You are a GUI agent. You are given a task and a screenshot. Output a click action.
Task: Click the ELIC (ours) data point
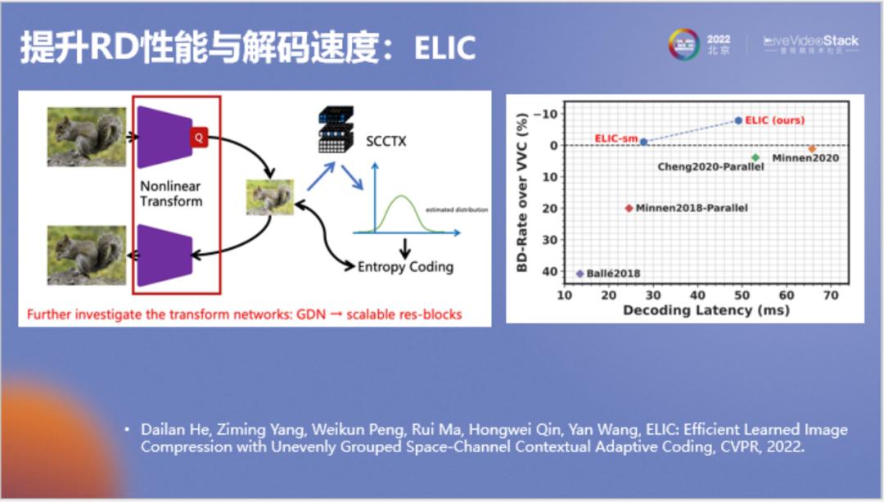tap(738, 120)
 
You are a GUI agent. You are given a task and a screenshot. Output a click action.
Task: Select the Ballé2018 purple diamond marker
tap(580, 274)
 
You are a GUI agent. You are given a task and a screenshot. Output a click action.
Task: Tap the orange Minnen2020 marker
tap(812, 149)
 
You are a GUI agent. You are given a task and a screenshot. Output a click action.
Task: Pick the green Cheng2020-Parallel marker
tap(755, 157)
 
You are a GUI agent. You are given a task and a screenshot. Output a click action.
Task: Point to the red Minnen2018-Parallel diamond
tap(629, 208)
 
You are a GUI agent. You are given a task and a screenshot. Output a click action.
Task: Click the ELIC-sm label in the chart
tap(616, 138)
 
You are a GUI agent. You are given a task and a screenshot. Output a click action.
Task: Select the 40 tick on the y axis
tap(549, 271)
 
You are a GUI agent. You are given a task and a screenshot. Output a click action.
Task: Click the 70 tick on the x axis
tap(831, 295)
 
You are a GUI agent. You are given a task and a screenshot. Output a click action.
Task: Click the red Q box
tap(198, 137)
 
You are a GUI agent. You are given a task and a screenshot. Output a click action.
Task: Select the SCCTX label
tap(386, 142)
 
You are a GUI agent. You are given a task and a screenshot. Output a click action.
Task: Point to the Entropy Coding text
tap(405, 267)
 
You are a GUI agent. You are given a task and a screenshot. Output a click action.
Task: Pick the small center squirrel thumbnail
tap(269, 197)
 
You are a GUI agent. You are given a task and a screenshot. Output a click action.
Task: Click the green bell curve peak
tap(400, 196)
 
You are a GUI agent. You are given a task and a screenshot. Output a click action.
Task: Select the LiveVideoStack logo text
tap(810, 41)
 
